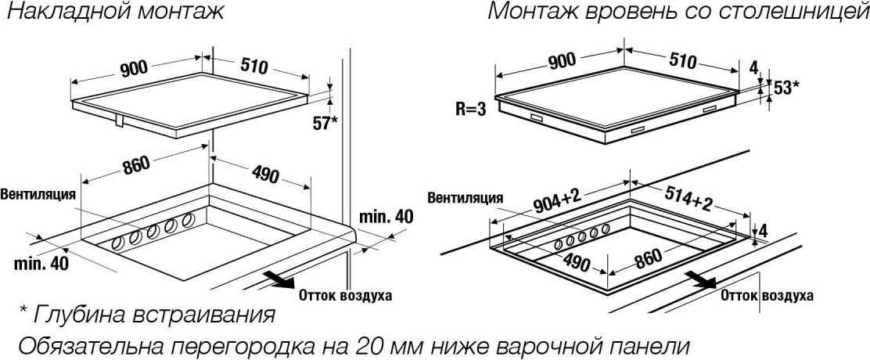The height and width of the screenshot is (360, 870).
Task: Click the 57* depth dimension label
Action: [x=325, y=123]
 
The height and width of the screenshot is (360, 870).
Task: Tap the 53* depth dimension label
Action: [x=786, y=87]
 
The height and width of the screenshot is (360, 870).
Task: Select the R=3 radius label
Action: [x=472, y=110]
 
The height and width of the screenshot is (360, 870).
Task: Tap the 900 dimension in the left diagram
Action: [x=133, y=67]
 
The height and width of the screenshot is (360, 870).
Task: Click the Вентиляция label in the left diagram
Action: [x=38, y=194]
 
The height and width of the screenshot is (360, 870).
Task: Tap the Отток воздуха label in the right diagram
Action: [x=768, y=296]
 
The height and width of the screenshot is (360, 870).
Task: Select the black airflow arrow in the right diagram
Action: [x=701, y=279]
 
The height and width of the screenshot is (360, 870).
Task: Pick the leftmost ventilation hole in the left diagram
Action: [x=117, y=243]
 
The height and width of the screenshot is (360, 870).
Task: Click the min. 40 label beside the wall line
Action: [x=386, y=217]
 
